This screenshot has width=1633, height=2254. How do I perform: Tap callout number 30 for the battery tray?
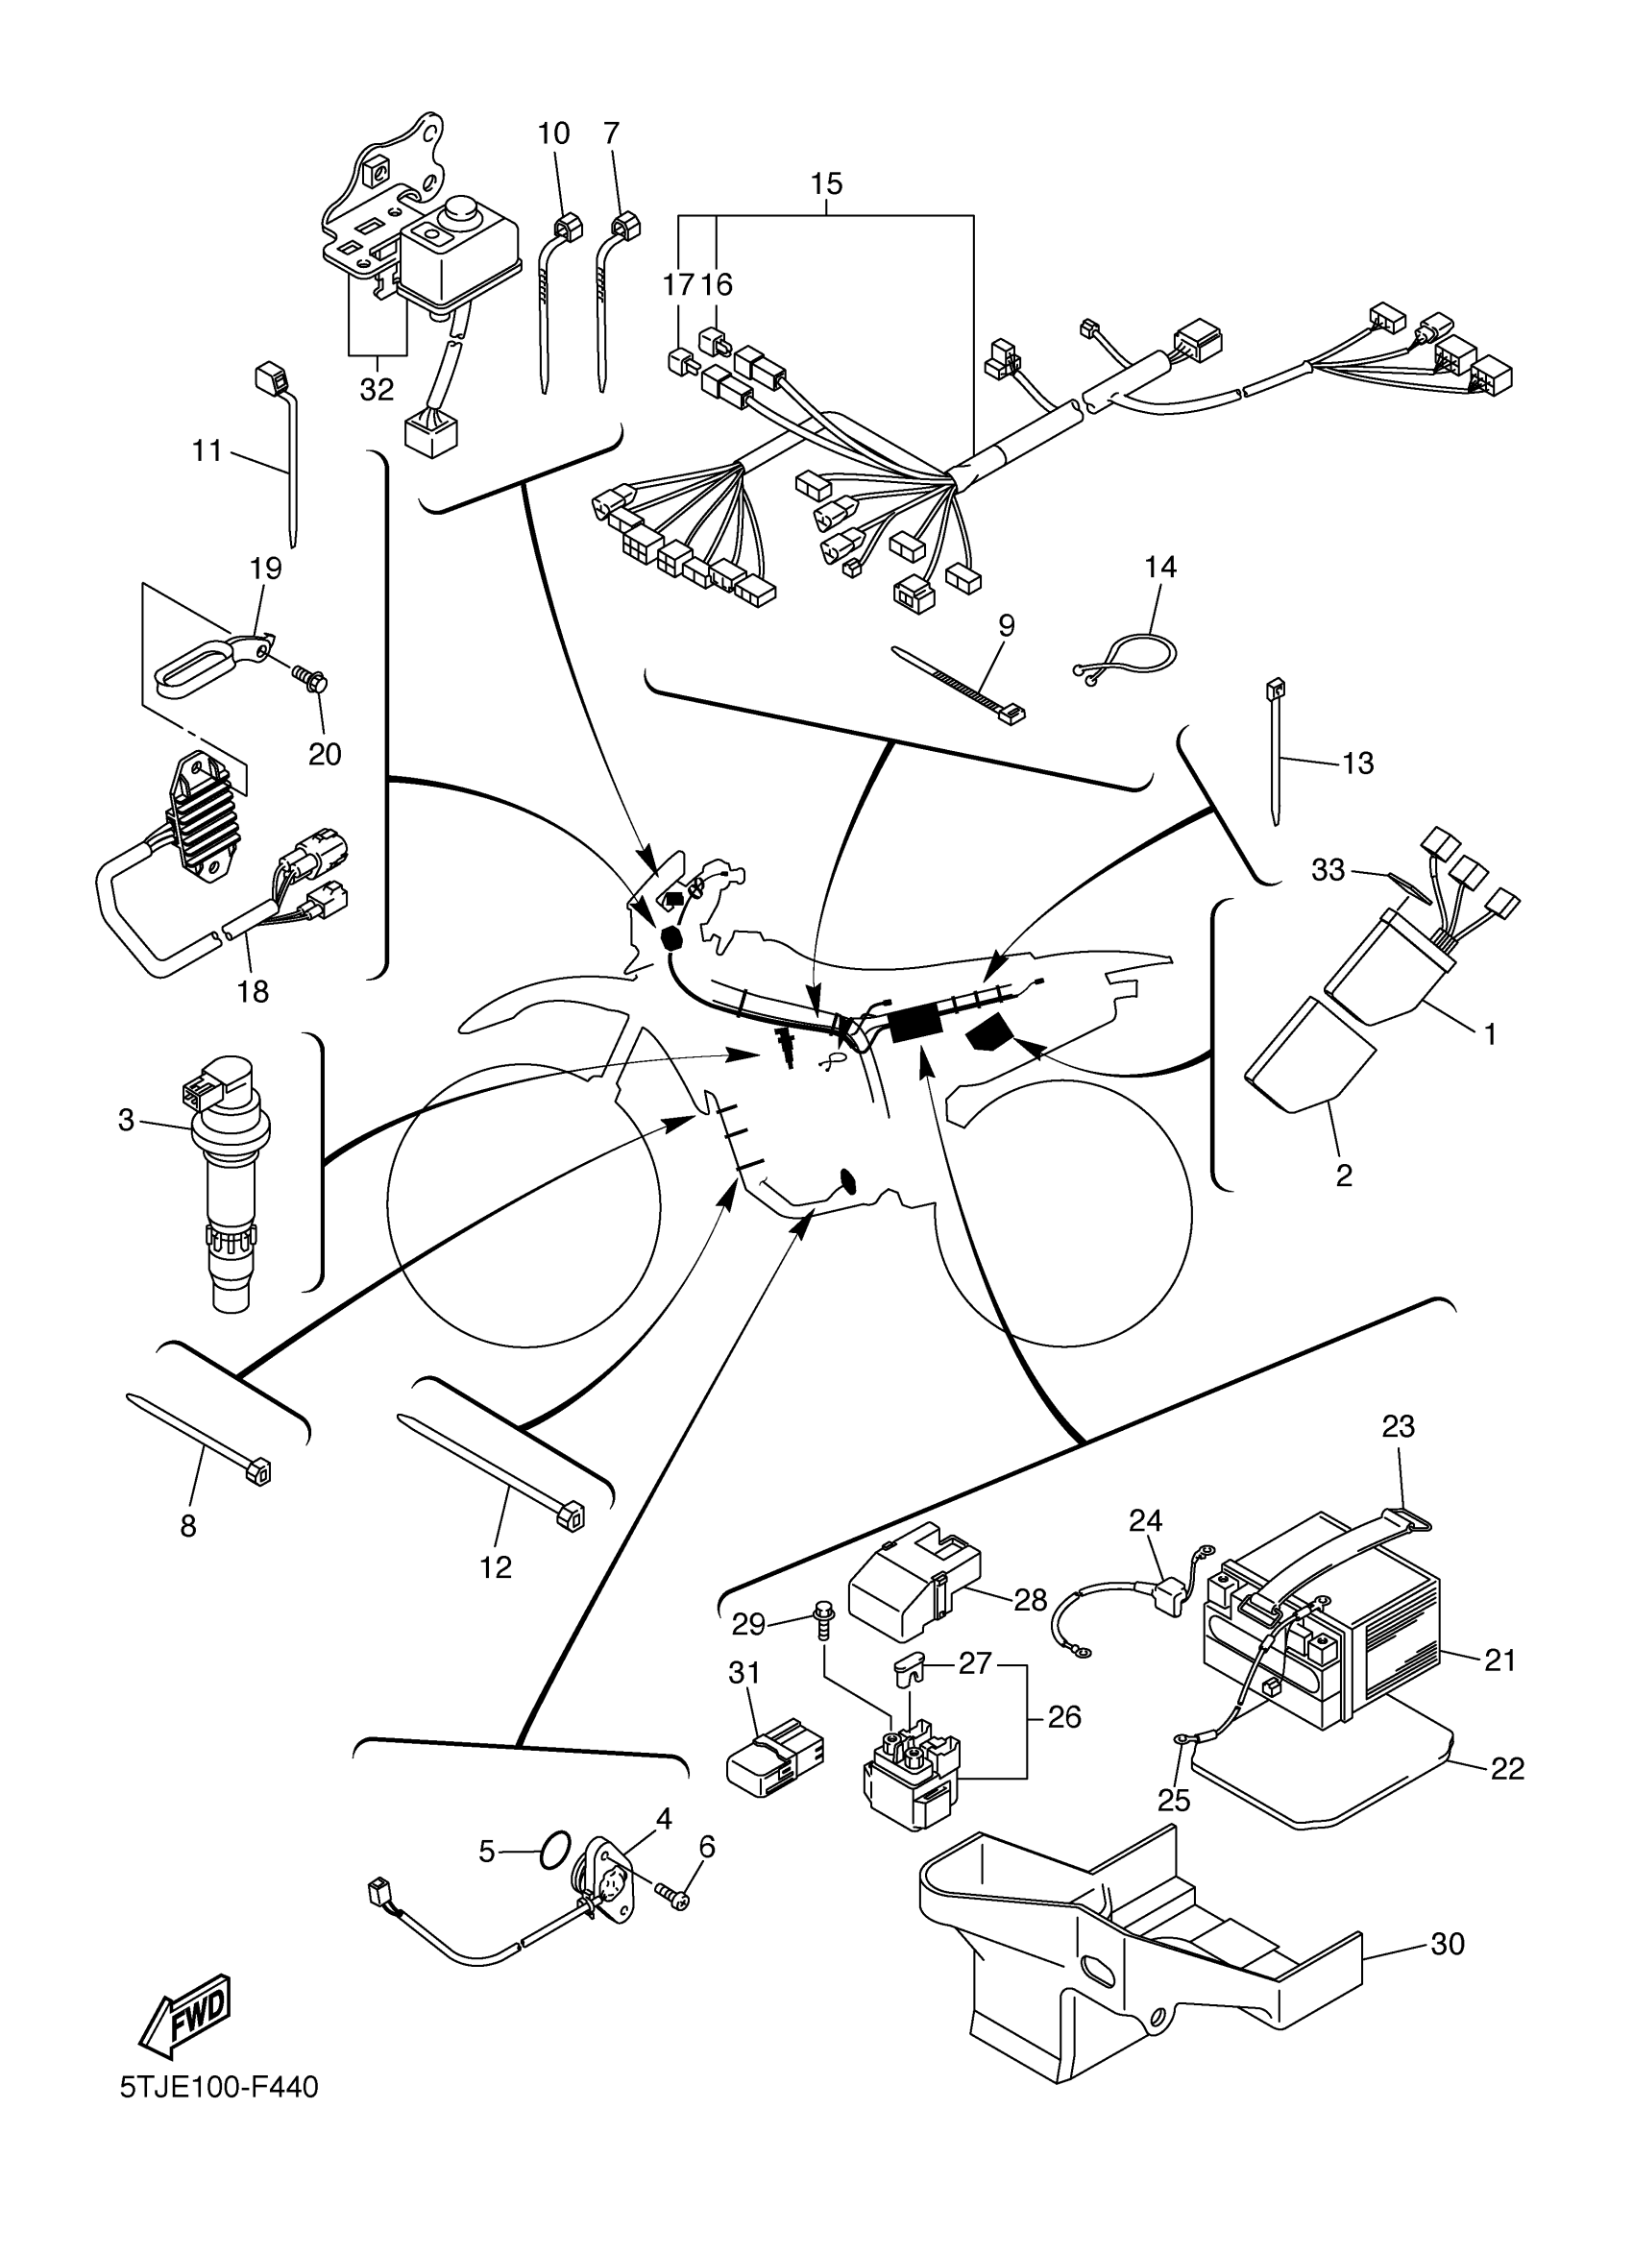[1448, 1944]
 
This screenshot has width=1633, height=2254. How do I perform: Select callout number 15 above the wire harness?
[826, 183]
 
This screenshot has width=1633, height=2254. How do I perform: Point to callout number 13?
[1357, 763]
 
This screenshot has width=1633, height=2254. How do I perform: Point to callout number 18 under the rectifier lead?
[253, 991]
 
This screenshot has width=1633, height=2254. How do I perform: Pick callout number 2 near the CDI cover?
[1344, 1175]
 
